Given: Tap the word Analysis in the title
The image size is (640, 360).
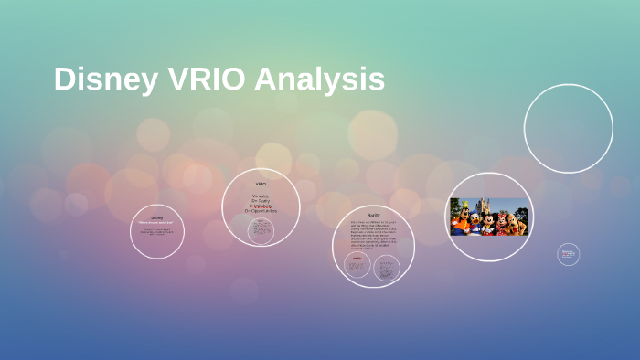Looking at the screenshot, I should click(x=319, y=79).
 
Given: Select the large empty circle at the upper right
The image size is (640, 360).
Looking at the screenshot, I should click(x=568, y=128).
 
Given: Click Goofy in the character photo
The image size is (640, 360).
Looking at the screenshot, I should click(x=464, y=219).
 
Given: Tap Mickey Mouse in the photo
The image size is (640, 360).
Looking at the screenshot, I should click(x=488, y=222).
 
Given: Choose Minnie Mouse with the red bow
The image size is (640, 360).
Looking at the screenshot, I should click(x=501, y=222).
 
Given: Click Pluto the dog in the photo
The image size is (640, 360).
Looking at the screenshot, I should click(x=516, y=222).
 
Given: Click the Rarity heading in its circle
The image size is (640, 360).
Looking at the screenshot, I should click(x=373, y=214).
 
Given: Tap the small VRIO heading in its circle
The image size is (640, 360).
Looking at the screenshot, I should click(x=261, y=183).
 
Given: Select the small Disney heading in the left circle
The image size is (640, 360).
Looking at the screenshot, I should click(x=156, y=217).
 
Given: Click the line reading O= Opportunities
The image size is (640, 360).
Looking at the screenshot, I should click(x=261, y=211).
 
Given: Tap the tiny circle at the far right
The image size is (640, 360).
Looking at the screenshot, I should click(x=568, y=254).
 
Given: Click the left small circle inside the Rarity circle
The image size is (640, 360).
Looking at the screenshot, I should click(x=357, y=266).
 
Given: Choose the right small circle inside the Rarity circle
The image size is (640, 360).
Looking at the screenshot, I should click(x=389, y=266).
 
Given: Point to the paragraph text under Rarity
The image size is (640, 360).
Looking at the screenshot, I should click(x=373, y=234).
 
